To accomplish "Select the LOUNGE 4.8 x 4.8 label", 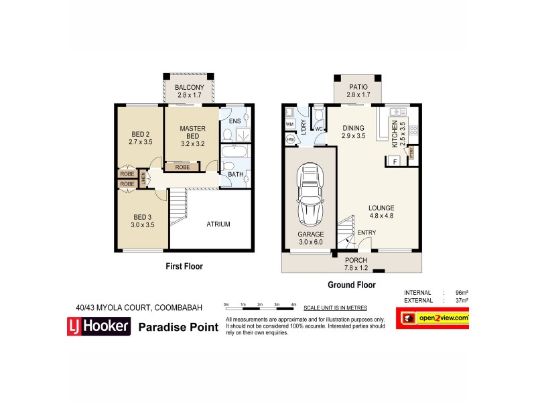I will pos(381,212).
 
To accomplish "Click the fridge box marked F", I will pos(393,161).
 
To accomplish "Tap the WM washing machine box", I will pos(290,125).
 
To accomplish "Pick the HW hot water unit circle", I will pos(289,140).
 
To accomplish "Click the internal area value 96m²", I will pos(462,293).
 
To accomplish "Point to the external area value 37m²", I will pos(462,301).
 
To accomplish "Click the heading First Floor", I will pos(184,267).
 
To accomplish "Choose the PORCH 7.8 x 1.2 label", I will pos(355,263).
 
